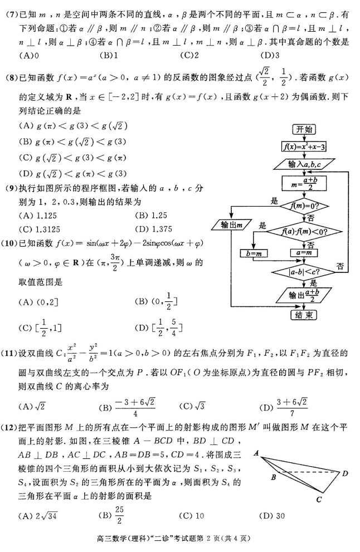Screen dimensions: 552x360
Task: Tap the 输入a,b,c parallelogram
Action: coord(304,164)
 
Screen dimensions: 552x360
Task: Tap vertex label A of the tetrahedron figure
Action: coord(257,454)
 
